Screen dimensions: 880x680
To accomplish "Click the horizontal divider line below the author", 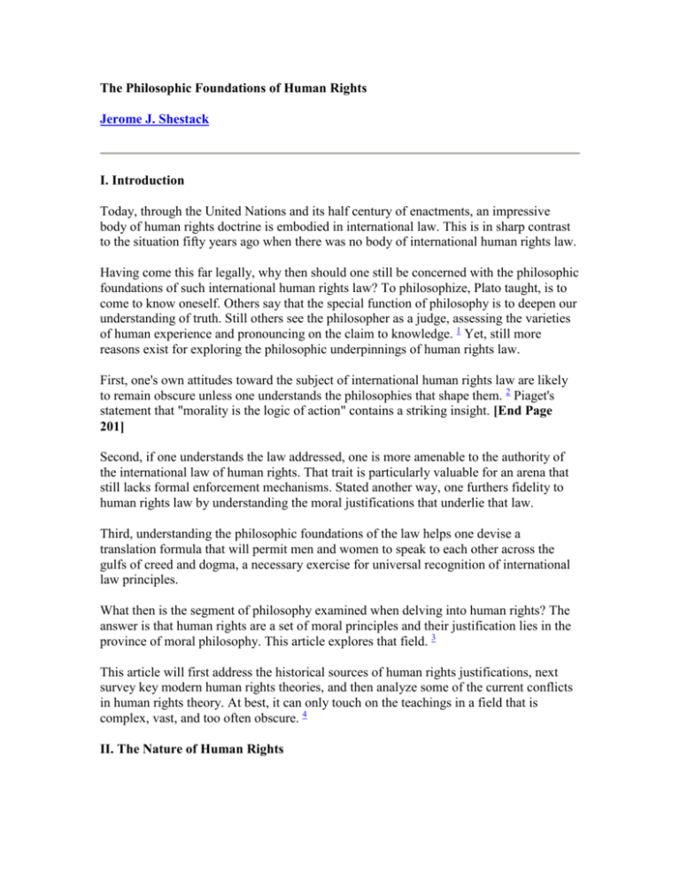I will pos(339,153).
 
